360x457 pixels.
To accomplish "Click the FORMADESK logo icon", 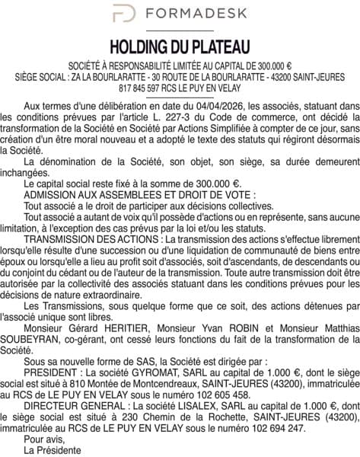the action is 124,14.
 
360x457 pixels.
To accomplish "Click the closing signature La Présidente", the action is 52,450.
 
